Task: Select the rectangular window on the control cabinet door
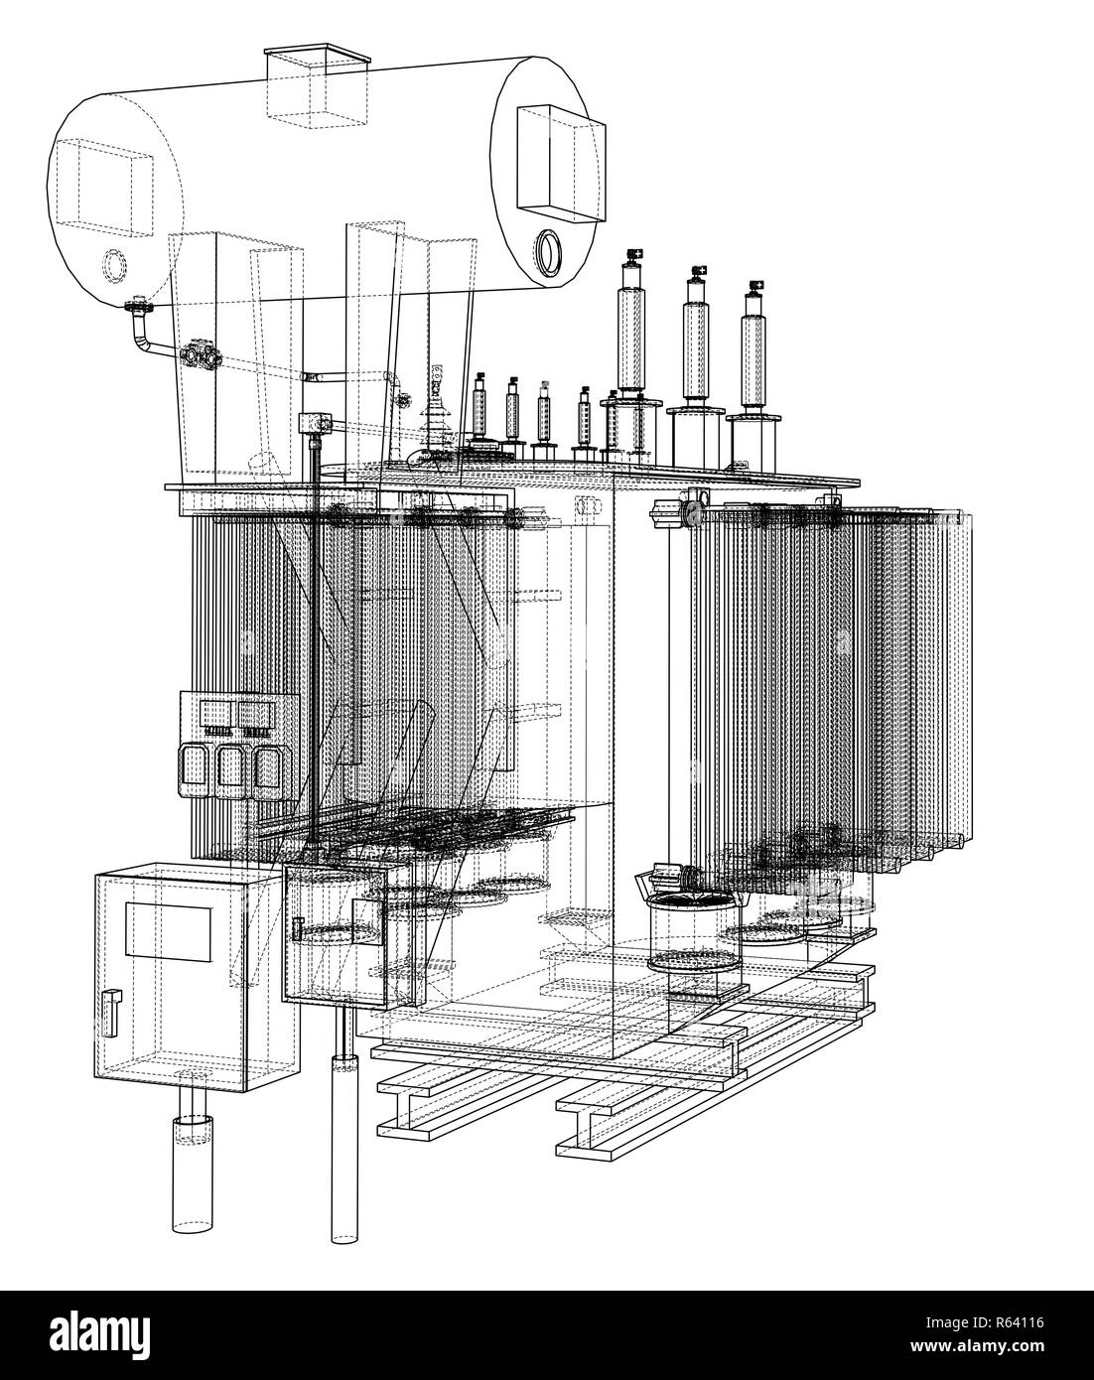coord(168,932)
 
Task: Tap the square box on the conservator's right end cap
coord(560,165)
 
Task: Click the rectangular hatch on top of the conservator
coord(318,86)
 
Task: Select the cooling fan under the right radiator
coord(695,929)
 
